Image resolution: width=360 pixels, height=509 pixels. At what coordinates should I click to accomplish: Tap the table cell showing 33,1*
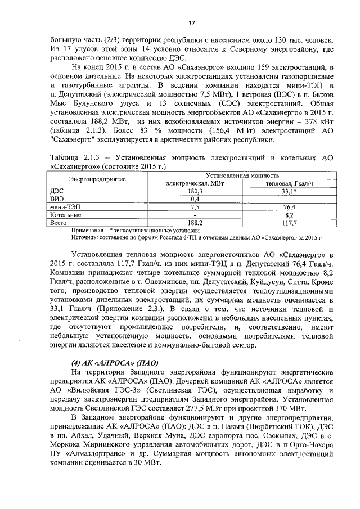[x=290, y=191]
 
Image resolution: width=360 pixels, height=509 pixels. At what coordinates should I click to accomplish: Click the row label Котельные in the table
[x=66, y=215]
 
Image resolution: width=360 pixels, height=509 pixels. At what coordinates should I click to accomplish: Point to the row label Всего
[x=58, y=223]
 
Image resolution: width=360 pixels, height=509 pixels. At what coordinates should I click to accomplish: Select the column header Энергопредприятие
[x=97, y=179]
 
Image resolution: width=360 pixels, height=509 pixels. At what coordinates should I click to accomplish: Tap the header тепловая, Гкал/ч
[x=290, y=183]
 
